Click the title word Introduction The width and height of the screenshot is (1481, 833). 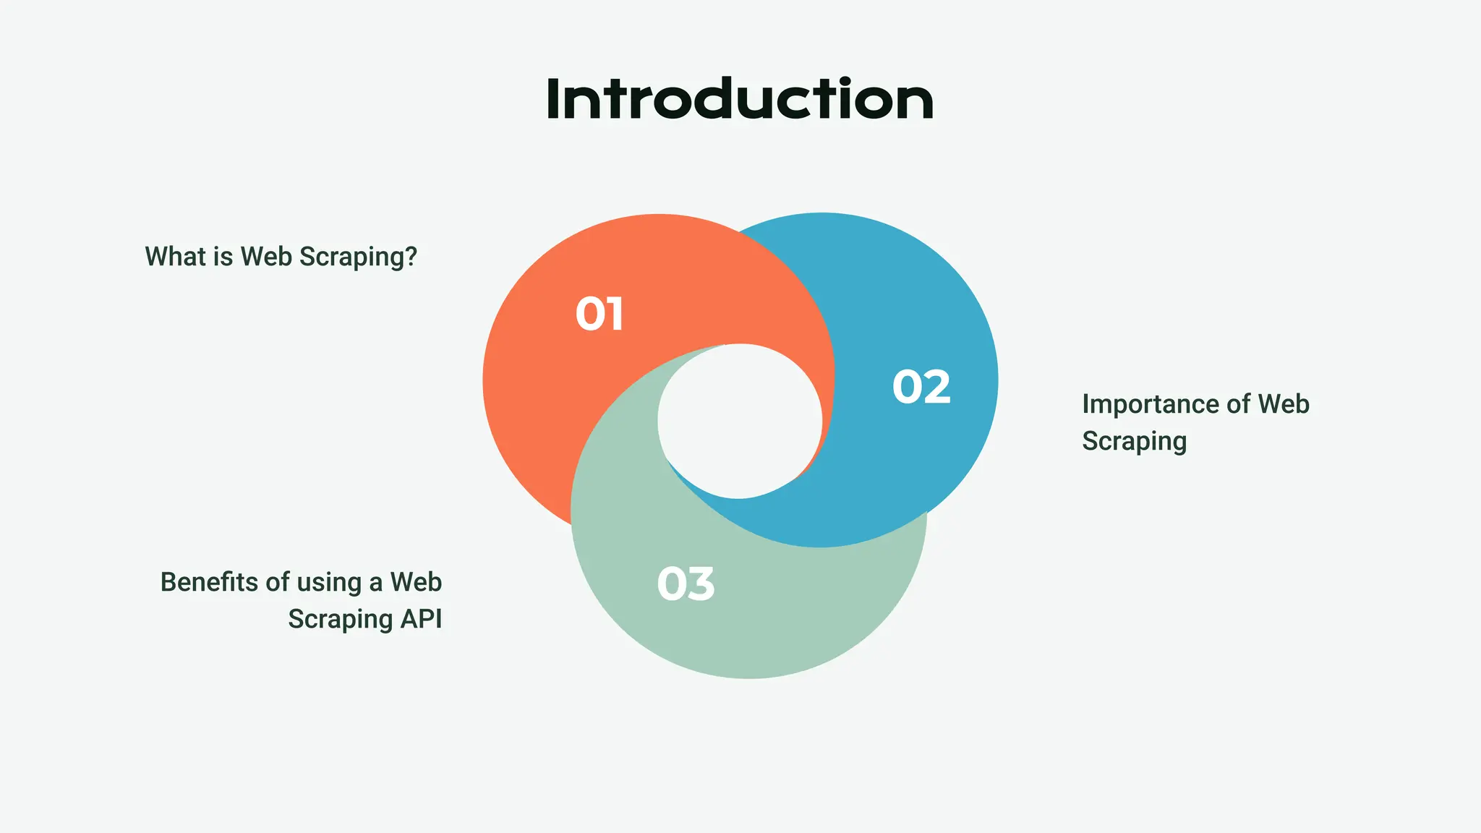click(x=740, y=100)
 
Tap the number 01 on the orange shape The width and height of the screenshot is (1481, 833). click(x=599, y=315)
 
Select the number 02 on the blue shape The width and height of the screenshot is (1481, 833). click(x=921, y=387)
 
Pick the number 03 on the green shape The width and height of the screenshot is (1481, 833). click(x=686, y=584)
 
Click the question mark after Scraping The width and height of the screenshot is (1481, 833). click(x=411, y=256)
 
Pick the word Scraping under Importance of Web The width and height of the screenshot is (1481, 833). click(x=1134, y=442)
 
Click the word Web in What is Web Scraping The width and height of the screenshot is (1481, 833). click(x=266, y=256)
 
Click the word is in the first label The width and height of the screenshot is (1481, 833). click(x=223, y=256)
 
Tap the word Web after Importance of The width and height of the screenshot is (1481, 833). click(x=1283, y=403)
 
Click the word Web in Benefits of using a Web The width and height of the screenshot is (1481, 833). click(x=416, y=582)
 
